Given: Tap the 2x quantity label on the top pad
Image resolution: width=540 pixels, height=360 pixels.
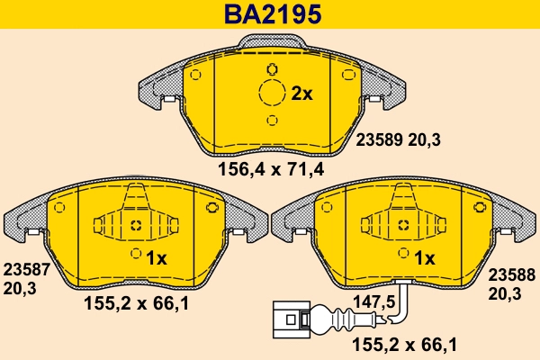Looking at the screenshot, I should coord(301,93).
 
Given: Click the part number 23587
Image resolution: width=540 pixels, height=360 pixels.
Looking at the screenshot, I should coord(26,269).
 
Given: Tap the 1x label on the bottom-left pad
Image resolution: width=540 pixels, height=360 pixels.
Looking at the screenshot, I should coord(157,258).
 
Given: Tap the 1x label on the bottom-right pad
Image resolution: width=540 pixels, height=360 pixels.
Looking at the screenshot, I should coord(424,258).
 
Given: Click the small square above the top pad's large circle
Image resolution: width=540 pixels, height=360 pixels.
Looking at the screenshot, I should coord(271,68).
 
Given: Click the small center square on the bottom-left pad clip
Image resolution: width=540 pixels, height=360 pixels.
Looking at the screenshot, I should coord(136,226).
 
